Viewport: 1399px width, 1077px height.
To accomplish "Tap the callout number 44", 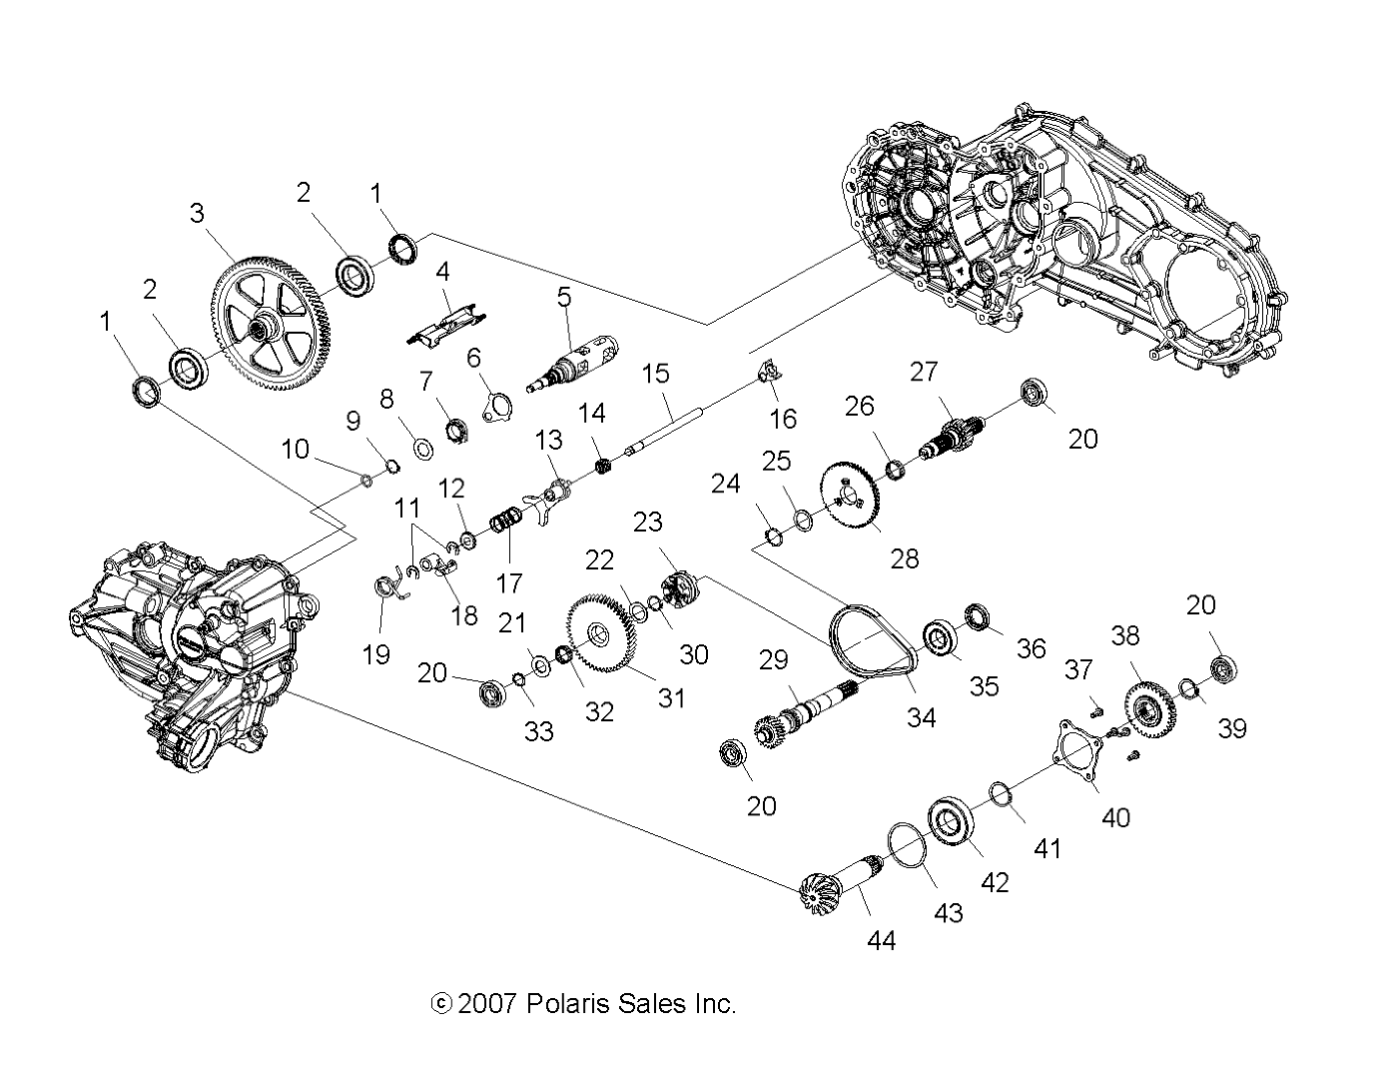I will [x=882, y=939].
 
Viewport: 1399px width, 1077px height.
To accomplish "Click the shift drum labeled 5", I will [x=573, y=366].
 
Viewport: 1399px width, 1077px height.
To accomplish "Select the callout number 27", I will [x=925, y=372].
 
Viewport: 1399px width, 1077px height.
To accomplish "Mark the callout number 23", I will [x=647, y=522].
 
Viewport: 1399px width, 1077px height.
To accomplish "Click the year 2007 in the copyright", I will [x=486, y=1003].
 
